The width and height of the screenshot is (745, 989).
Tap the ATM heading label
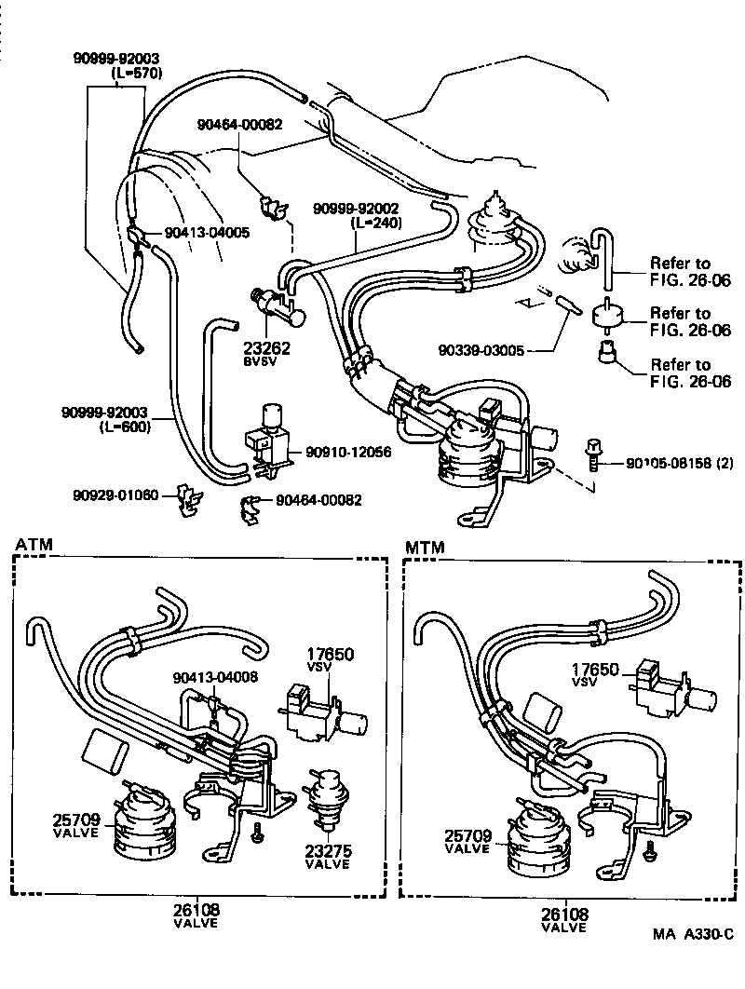34,544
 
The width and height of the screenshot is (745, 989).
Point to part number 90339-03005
481,351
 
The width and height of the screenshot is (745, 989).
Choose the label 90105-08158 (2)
666,462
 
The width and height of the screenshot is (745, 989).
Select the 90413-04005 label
207,233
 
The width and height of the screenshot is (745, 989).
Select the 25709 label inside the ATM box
74,820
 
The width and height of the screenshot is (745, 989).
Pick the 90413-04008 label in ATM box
214,677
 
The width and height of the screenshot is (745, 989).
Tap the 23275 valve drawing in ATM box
327,794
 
